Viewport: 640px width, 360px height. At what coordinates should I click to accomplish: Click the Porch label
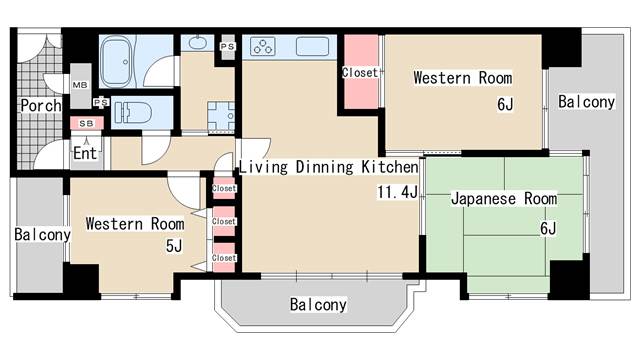(x=40, y=105)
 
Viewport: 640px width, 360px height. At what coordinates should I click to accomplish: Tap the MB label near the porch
(x=80, y=87)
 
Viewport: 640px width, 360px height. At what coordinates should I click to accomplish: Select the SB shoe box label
(x=86, y=123)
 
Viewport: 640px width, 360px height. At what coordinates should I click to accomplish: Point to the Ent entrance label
(x=85, y=153)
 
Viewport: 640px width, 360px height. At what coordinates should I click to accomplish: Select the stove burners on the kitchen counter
(x=264, y=46)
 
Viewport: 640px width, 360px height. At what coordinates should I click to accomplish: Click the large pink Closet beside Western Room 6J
(x=360, y=72)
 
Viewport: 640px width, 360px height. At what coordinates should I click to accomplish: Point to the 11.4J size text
(x=397, y=191)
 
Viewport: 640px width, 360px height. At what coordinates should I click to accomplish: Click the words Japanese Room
(x=503, y=199)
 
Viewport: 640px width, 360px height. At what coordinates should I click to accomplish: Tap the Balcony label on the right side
(x=586, y=101)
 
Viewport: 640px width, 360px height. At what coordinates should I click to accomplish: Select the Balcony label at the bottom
(x=318, y=304)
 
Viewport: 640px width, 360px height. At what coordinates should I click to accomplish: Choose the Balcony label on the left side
(x=42, y=235)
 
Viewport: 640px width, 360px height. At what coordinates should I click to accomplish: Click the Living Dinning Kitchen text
(x=327, y=167)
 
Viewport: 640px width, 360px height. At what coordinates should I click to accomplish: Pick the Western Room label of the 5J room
(x=133, y=222)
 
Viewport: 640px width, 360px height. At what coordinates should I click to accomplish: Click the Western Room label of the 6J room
(x=462, y=77)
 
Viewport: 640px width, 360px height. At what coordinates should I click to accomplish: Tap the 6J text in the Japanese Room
(x=547, y=228)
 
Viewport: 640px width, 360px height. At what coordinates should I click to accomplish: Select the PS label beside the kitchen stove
(x=227, y=46)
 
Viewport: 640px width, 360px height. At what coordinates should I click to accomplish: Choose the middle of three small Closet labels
(x=224, y=222)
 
